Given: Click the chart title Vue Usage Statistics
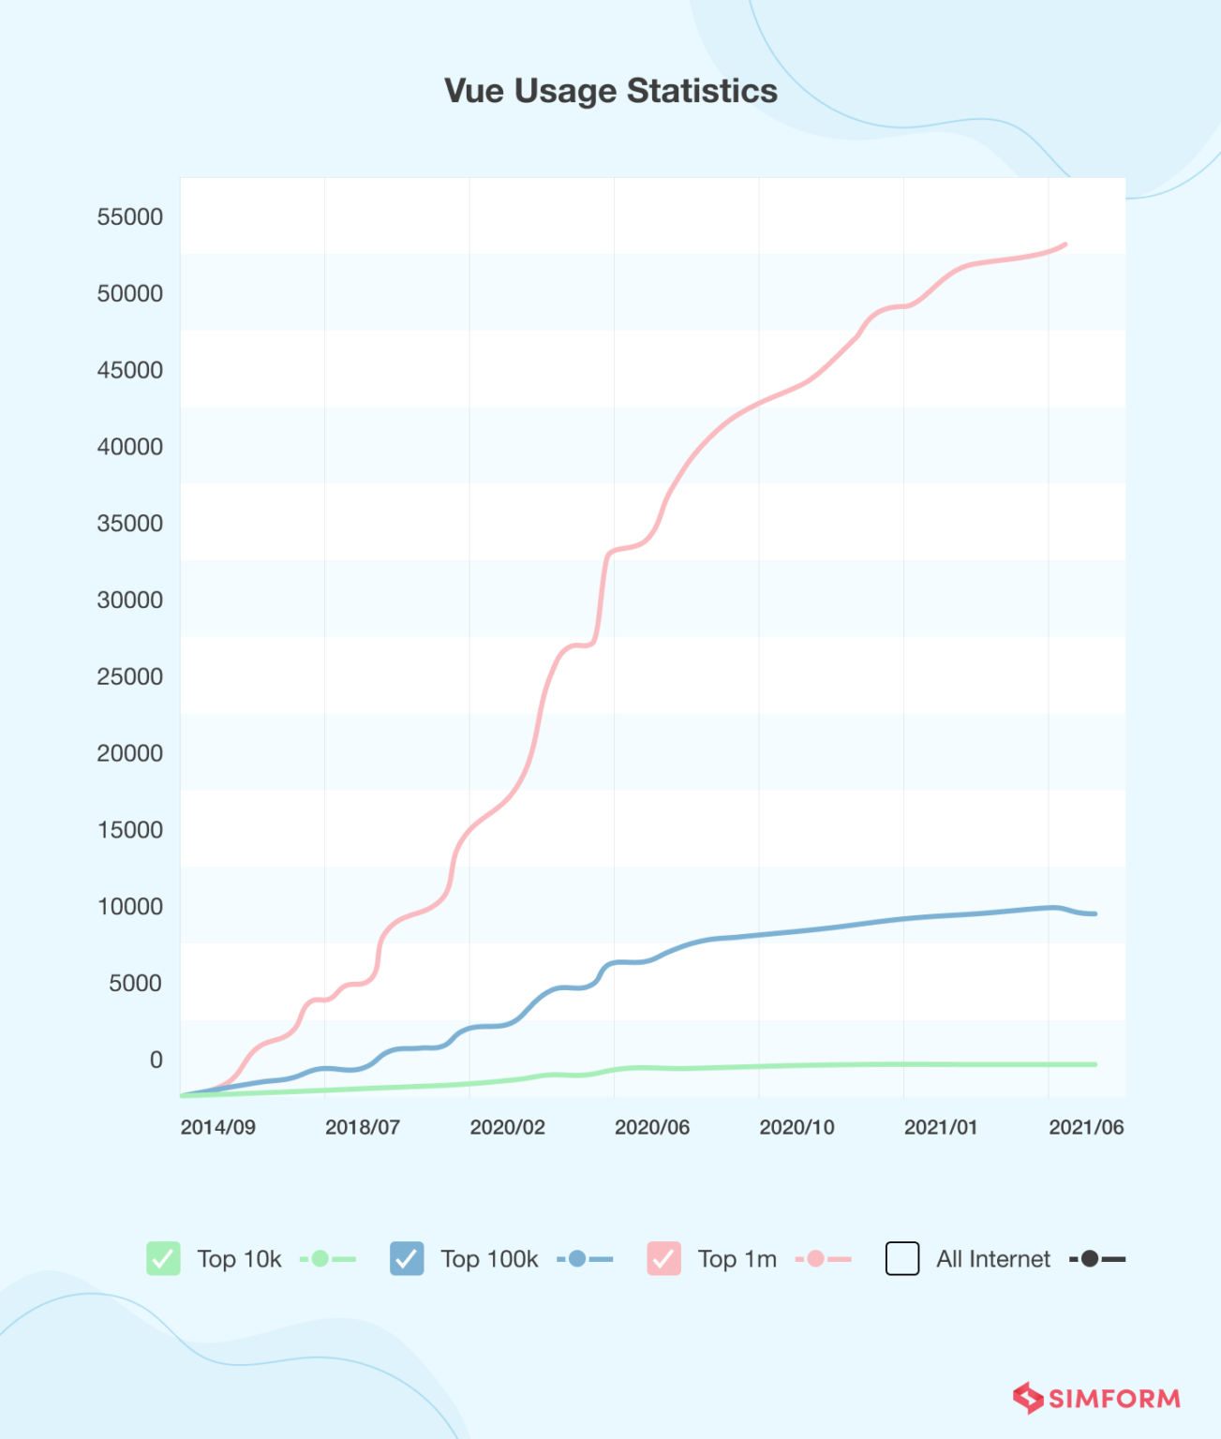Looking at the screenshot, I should [x=610, y=91].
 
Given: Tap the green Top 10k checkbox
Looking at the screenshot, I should [x=163, y=1258].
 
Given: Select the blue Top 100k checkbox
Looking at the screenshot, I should [x=407, y=1258].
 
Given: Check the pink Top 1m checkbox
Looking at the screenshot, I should [x=663, y=1258].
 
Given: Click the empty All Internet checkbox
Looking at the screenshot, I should [x=902, y=1258].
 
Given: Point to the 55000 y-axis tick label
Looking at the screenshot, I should [x=129, y=216].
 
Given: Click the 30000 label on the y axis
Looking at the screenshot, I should [x=129, y=600].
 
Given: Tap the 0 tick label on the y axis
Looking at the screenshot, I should [x=156, y=1060].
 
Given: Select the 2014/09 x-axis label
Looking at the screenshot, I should [x=217, y=1127].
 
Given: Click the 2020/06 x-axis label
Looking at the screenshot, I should [x=651, y=1127].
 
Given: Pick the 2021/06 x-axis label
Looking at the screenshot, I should [x=1085, y=1127].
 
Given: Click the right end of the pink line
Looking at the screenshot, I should [x=1065, y=245].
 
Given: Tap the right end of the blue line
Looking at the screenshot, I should [x=1094, y=913].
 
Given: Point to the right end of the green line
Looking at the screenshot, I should [x=1094, y=1064].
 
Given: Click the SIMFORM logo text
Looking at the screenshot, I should [x=1113, y=1399].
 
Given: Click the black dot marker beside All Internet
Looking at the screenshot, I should [x=1089, y=1258].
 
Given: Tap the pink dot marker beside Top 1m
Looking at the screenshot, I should [x=815, y=1258].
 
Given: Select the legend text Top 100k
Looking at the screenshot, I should [x=489, y=1259].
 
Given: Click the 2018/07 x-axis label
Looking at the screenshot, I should [x=362, y=1127].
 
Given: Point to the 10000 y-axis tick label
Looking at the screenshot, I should [x=129, y=906].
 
